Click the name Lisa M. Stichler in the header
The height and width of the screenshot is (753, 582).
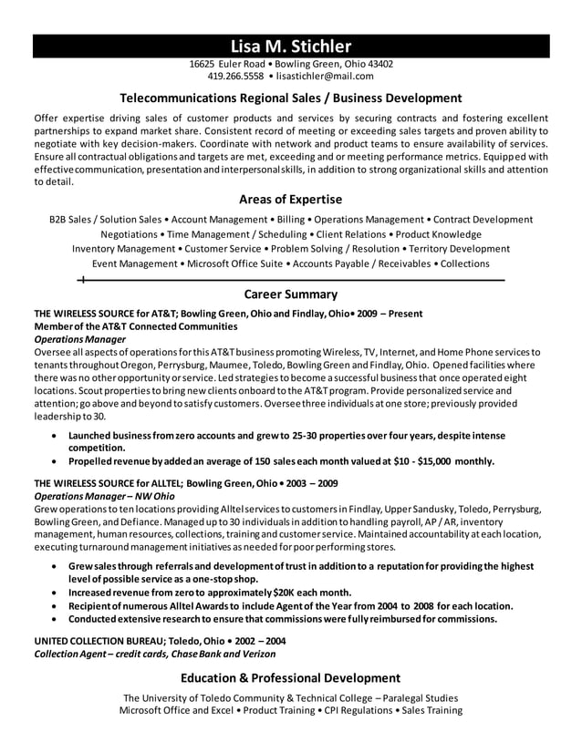290,46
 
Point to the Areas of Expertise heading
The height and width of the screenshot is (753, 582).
290,199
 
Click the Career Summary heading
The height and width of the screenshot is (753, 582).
290,294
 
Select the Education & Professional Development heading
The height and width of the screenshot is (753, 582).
290,678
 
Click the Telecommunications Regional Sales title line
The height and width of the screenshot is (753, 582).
290,98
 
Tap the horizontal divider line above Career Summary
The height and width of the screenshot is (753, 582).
290,279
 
